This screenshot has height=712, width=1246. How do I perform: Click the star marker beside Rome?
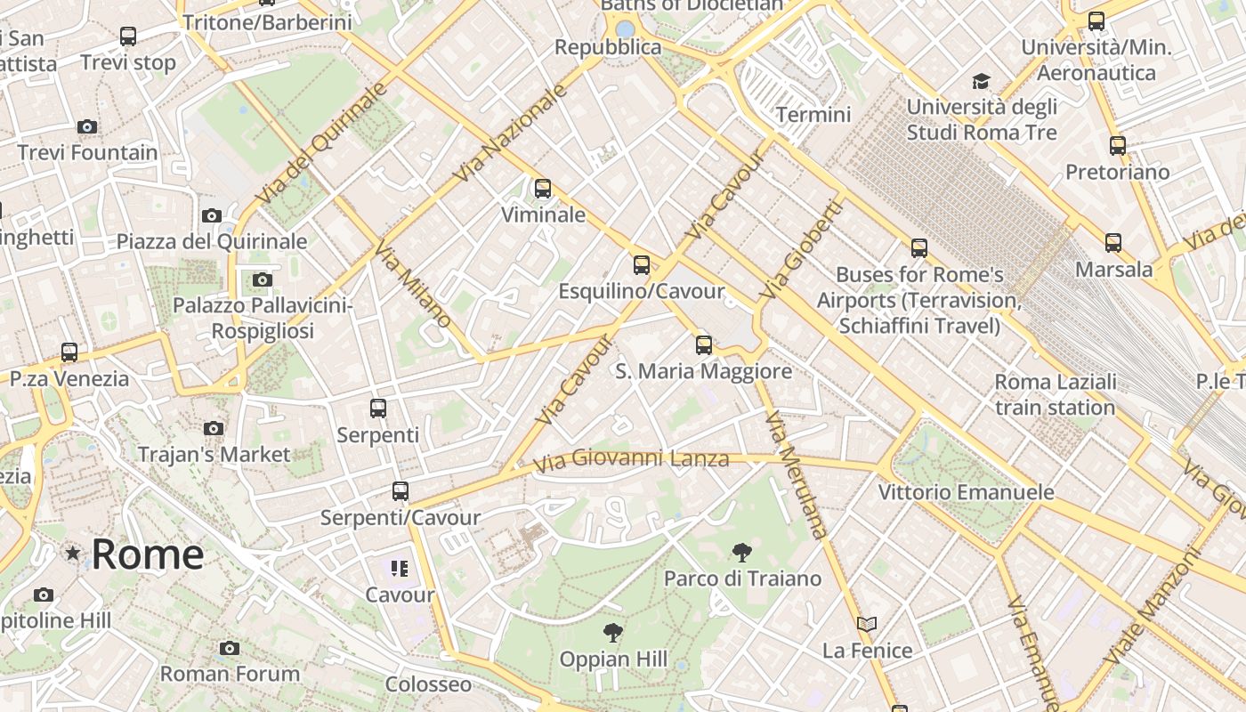(73, 554)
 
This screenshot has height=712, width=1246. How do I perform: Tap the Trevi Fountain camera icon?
(87, 127)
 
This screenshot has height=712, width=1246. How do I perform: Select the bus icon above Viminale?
(542, 189)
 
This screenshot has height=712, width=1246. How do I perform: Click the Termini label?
(813, 115)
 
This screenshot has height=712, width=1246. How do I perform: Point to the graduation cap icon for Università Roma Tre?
(981, 82)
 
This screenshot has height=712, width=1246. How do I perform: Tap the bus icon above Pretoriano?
(1118, 146)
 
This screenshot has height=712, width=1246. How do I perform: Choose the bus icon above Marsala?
(1112, 242)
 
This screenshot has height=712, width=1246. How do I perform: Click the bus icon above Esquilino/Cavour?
(641, 265)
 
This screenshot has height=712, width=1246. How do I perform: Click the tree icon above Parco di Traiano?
(741, 553)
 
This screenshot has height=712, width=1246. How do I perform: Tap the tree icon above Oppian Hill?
(612, 633)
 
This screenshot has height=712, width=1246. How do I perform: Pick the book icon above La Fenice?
(867, 625)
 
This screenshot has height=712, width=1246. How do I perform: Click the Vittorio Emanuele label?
(966, 492)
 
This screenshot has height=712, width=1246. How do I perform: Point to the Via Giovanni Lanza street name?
(631, 459)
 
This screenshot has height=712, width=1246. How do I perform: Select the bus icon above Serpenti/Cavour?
(400, 491)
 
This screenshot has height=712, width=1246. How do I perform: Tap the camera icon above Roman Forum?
(230, 648)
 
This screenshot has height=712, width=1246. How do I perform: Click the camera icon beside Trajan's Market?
(214, 429)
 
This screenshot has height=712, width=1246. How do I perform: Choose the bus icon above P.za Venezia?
(69, 352)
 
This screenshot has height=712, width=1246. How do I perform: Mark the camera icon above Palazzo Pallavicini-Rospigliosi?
(262, 280)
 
